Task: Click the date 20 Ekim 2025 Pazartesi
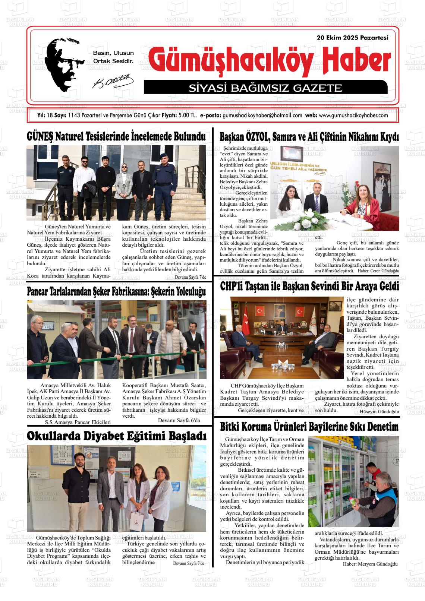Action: [x=352, y=38]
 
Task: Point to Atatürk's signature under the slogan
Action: [x=112, y=82]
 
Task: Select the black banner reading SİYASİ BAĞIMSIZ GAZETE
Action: [x=265, y=88]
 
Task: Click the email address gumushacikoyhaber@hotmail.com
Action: [x=262, y=116]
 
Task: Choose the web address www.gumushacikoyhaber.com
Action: [x=353, y=116]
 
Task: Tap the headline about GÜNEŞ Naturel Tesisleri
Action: [x=116, y=136]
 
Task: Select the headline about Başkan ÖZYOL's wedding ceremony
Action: [x=309, y=137]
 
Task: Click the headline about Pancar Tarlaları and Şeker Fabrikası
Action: [x=116, y=292]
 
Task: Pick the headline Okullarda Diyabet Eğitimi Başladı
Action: [x=116, y=436]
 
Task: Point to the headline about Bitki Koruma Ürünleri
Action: [x=309, y=427]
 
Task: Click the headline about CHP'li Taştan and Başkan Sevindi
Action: [x=309, y=286]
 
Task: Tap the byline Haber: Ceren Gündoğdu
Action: [x=378, y=271]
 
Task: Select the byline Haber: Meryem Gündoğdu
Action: [x=370, y=564]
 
